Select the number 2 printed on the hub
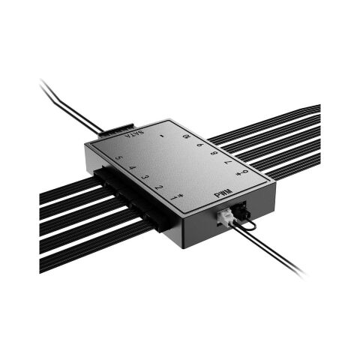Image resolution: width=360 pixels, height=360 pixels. coord(159,187)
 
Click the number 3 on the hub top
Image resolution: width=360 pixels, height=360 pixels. coord(145,177)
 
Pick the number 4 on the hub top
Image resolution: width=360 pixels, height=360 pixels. coord(133,168)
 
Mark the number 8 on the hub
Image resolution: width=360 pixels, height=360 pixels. coord(214,153)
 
